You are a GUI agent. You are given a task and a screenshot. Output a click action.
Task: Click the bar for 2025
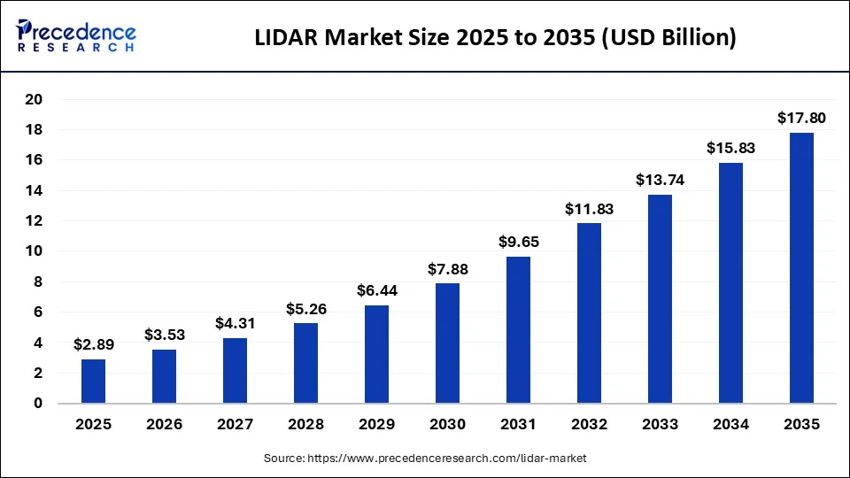click(x=93, y=382)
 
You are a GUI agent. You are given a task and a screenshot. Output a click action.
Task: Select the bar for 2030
click(x=446, y=343)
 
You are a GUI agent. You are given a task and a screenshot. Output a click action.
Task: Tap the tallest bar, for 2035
click(x=800, y=268)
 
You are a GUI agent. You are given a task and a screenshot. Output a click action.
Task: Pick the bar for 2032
click(x=588, y=313)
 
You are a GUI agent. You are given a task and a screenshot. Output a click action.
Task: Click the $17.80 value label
click(x=800, y=117)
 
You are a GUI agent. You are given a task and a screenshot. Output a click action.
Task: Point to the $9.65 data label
click(x=517, y=241)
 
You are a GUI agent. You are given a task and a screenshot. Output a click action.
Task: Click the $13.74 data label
click(x=659, y=179)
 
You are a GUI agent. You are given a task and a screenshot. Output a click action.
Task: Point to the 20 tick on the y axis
click(x=33, y=99)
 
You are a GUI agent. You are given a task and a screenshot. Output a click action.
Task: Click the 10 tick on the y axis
click(x=33, y=251)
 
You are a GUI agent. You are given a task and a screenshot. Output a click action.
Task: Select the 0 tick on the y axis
click(x=37, y=404)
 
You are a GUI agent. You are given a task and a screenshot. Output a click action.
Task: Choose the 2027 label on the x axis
click(x=235, y=424)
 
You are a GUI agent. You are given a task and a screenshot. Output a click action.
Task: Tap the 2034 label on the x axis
click(x=730, y=424)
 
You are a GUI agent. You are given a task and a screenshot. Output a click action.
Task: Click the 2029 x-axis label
click(x=376, y=424)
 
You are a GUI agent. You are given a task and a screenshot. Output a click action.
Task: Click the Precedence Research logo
click(x=76, y=35)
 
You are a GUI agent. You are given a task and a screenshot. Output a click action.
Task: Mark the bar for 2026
click(x=164, y=377)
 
